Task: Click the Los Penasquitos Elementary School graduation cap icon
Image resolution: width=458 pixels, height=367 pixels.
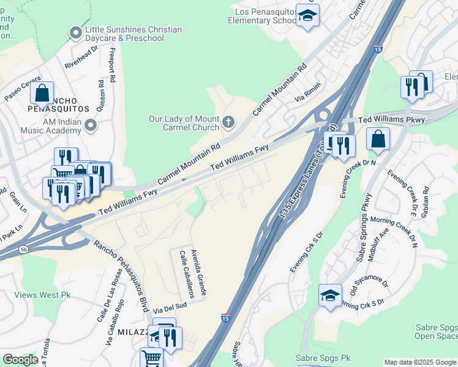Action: pyautogui.click(x=307, y=16)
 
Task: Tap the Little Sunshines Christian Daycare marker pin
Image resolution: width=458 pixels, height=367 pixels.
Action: pyautogui.click(x=76, y=32)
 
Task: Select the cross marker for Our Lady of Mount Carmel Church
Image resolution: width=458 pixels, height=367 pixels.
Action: pyautogui.click(x=228, y=122)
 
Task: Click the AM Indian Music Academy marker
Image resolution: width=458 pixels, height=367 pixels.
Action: pyautogui.click(x=91, y=126)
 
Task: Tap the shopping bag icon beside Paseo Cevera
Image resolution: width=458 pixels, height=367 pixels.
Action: pyautogui.click(x=42, y=94)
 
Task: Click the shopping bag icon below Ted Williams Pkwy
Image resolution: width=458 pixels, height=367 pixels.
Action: pyautogui.click(x=378, y=139)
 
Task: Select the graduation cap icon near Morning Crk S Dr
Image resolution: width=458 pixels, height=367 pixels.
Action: pyautogui.click(x=330, y=296)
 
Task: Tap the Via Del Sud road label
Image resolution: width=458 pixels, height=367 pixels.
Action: pyautogui.click(x=170, y=308)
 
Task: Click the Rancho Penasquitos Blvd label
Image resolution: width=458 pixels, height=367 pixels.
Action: pyautogui.click(x=121, y=275)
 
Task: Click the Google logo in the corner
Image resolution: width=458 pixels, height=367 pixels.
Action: pyautogui.click(x=20, y=360)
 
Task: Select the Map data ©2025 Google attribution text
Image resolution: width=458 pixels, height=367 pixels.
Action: pyautogui.click(x=419, y=362)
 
